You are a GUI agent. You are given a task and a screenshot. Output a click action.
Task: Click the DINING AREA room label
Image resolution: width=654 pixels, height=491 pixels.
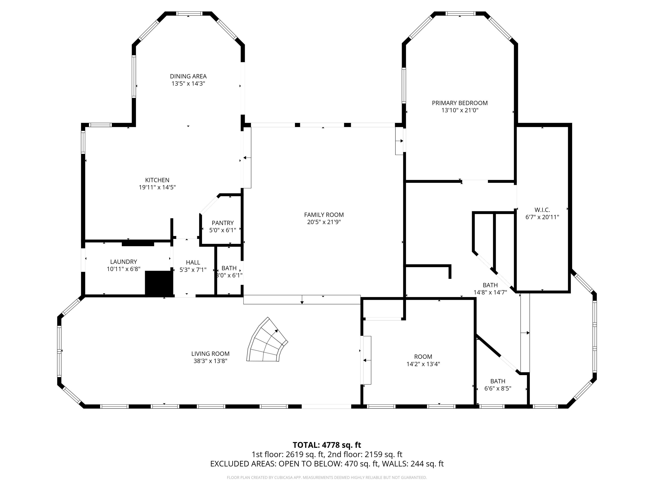188,76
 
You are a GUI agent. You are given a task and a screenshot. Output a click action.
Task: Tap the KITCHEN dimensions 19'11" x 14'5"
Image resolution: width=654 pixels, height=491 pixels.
157,187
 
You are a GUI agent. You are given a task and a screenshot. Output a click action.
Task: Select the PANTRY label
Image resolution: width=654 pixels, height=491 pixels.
223,223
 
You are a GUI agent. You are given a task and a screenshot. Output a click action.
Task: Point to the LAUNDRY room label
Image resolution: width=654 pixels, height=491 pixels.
124,262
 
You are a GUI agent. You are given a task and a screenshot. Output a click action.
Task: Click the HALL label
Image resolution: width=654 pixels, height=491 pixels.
193,262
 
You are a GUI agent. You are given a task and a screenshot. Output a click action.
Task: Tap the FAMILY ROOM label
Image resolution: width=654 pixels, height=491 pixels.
324,215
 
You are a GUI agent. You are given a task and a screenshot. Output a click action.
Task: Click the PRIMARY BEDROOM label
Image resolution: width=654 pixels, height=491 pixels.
460,103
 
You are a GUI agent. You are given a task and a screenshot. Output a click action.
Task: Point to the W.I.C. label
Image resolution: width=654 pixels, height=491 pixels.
542,210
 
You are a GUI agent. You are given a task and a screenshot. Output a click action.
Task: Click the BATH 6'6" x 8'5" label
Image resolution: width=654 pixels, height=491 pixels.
498,381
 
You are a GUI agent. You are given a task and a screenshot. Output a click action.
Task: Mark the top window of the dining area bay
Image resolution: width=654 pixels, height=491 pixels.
189,14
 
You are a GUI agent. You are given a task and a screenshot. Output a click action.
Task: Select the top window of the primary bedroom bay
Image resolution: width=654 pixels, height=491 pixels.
460,14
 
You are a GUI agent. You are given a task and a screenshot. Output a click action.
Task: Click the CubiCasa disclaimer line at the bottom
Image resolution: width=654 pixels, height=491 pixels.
327,477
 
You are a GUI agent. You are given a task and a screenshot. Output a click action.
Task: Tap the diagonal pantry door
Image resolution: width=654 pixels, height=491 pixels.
209,204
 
